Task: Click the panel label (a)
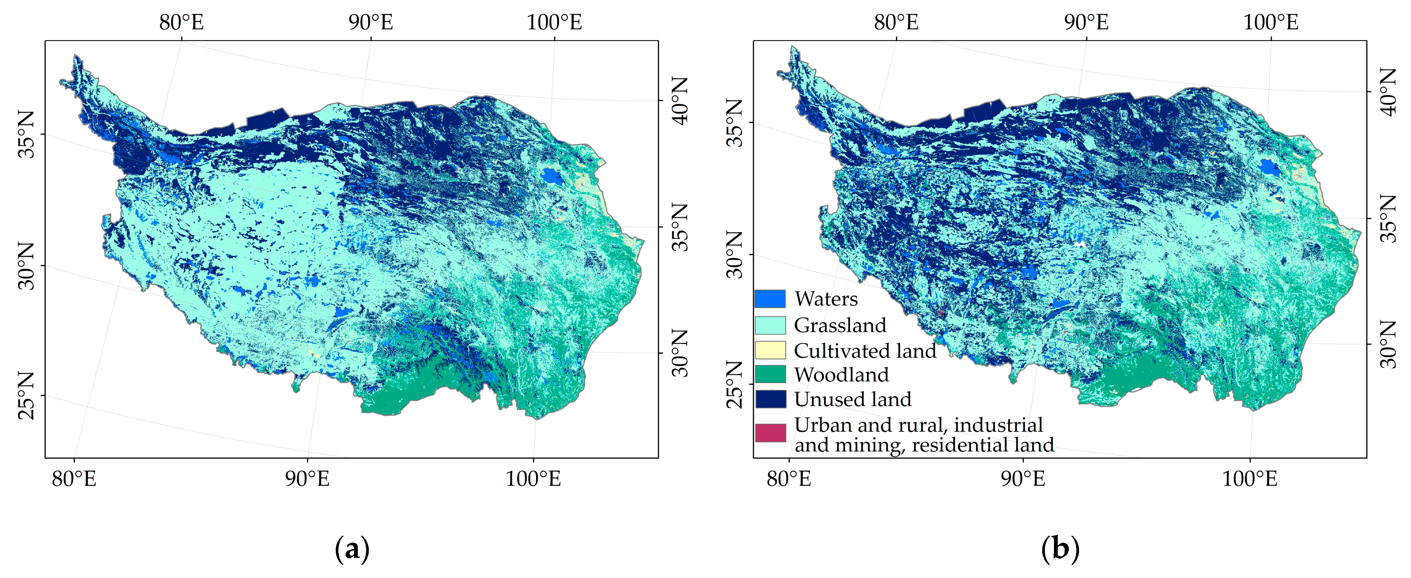(x=352, y=548)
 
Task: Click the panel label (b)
(x=1060, y=548)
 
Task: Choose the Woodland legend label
(x=841, y=375)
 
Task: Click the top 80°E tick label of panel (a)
(x=181, y=22)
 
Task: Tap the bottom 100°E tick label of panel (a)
(x=533, y=479)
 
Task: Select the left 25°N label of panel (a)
(x=26, y=396)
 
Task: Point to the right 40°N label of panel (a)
(x=679, y=101)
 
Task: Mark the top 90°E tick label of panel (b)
(x=1086, y=22)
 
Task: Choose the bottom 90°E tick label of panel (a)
(x=307, y=479)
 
